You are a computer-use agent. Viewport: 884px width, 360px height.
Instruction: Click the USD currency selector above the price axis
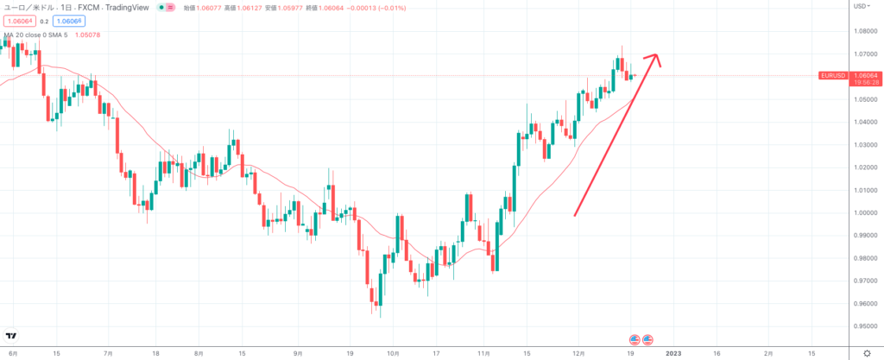(860, 6)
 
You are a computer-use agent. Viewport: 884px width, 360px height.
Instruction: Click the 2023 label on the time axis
(673, 353)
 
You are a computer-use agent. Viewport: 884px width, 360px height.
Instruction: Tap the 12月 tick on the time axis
(579, 353)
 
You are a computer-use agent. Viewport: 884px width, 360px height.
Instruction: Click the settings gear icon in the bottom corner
(866, 353)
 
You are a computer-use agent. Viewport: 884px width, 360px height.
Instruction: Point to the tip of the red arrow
(659, 57)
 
